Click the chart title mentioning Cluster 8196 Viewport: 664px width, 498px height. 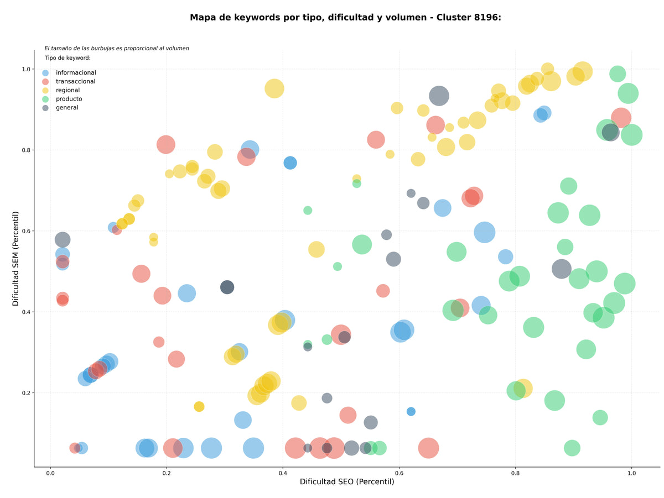[x=345, y=18]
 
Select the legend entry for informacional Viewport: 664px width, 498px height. [x=69, y=72]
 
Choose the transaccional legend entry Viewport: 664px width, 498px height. [x=69, y=81]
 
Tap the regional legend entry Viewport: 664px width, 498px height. [x=61, y=90]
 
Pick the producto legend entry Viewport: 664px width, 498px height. [x=62, y=99]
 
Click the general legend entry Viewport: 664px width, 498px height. [x=60, y=108]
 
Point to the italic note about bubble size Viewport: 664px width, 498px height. [x=116, y=48]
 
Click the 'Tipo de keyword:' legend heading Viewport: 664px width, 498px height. [x=68, y=57]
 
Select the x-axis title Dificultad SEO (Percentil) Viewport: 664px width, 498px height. [x=347, y=481]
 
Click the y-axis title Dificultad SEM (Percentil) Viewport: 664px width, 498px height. [x=15, y=259]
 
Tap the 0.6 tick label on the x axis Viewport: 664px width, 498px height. [x=399, y=473]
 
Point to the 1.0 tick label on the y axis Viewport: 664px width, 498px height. [x=27, y=69]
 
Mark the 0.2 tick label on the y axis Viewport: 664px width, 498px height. [x=27, y=393]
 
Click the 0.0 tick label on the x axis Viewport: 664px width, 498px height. [x=50, y=473]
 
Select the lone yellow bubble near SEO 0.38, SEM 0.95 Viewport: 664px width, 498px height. [x=274, y=88]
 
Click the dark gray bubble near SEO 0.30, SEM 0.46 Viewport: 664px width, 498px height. [x=227, y=287]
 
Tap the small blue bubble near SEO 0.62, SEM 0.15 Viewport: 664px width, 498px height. [x=411, y=411]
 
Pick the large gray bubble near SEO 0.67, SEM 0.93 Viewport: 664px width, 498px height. [x=439, y=96]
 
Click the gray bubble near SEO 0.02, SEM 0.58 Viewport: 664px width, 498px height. [x=63, y=240]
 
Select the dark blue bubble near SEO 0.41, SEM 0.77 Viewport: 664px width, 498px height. [x=290, y=163]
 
